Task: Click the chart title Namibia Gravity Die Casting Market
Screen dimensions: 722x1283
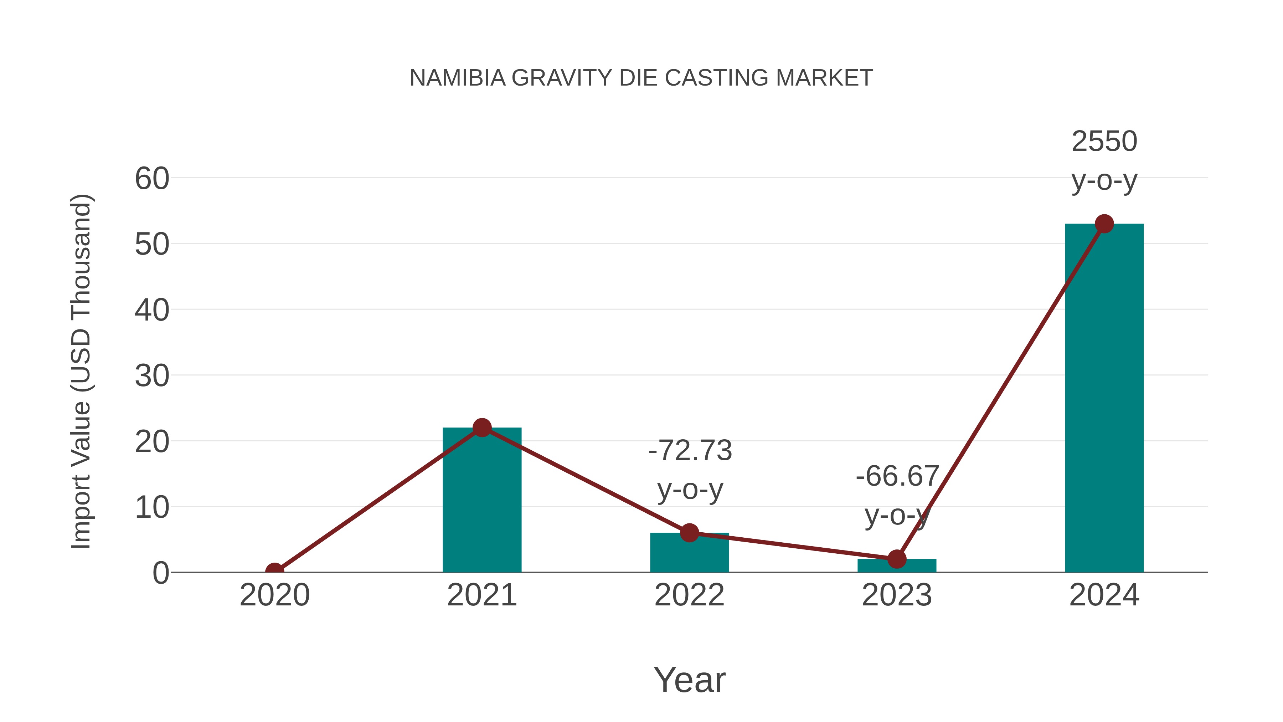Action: point(641,78)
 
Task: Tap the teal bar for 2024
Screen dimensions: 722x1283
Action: point(1104,399)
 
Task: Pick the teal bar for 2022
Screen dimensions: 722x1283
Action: point(689,554)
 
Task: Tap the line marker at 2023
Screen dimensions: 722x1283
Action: point(897,559)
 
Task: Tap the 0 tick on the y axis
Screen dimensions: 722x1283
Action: point(161,573)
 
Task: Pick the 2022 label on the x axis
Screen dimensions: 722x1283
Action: point(689,595)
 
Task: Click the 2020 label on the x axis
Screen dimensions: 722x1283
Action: point(274,595)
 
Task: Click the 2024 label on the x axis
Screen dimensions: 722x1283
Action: point(1104,595)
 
